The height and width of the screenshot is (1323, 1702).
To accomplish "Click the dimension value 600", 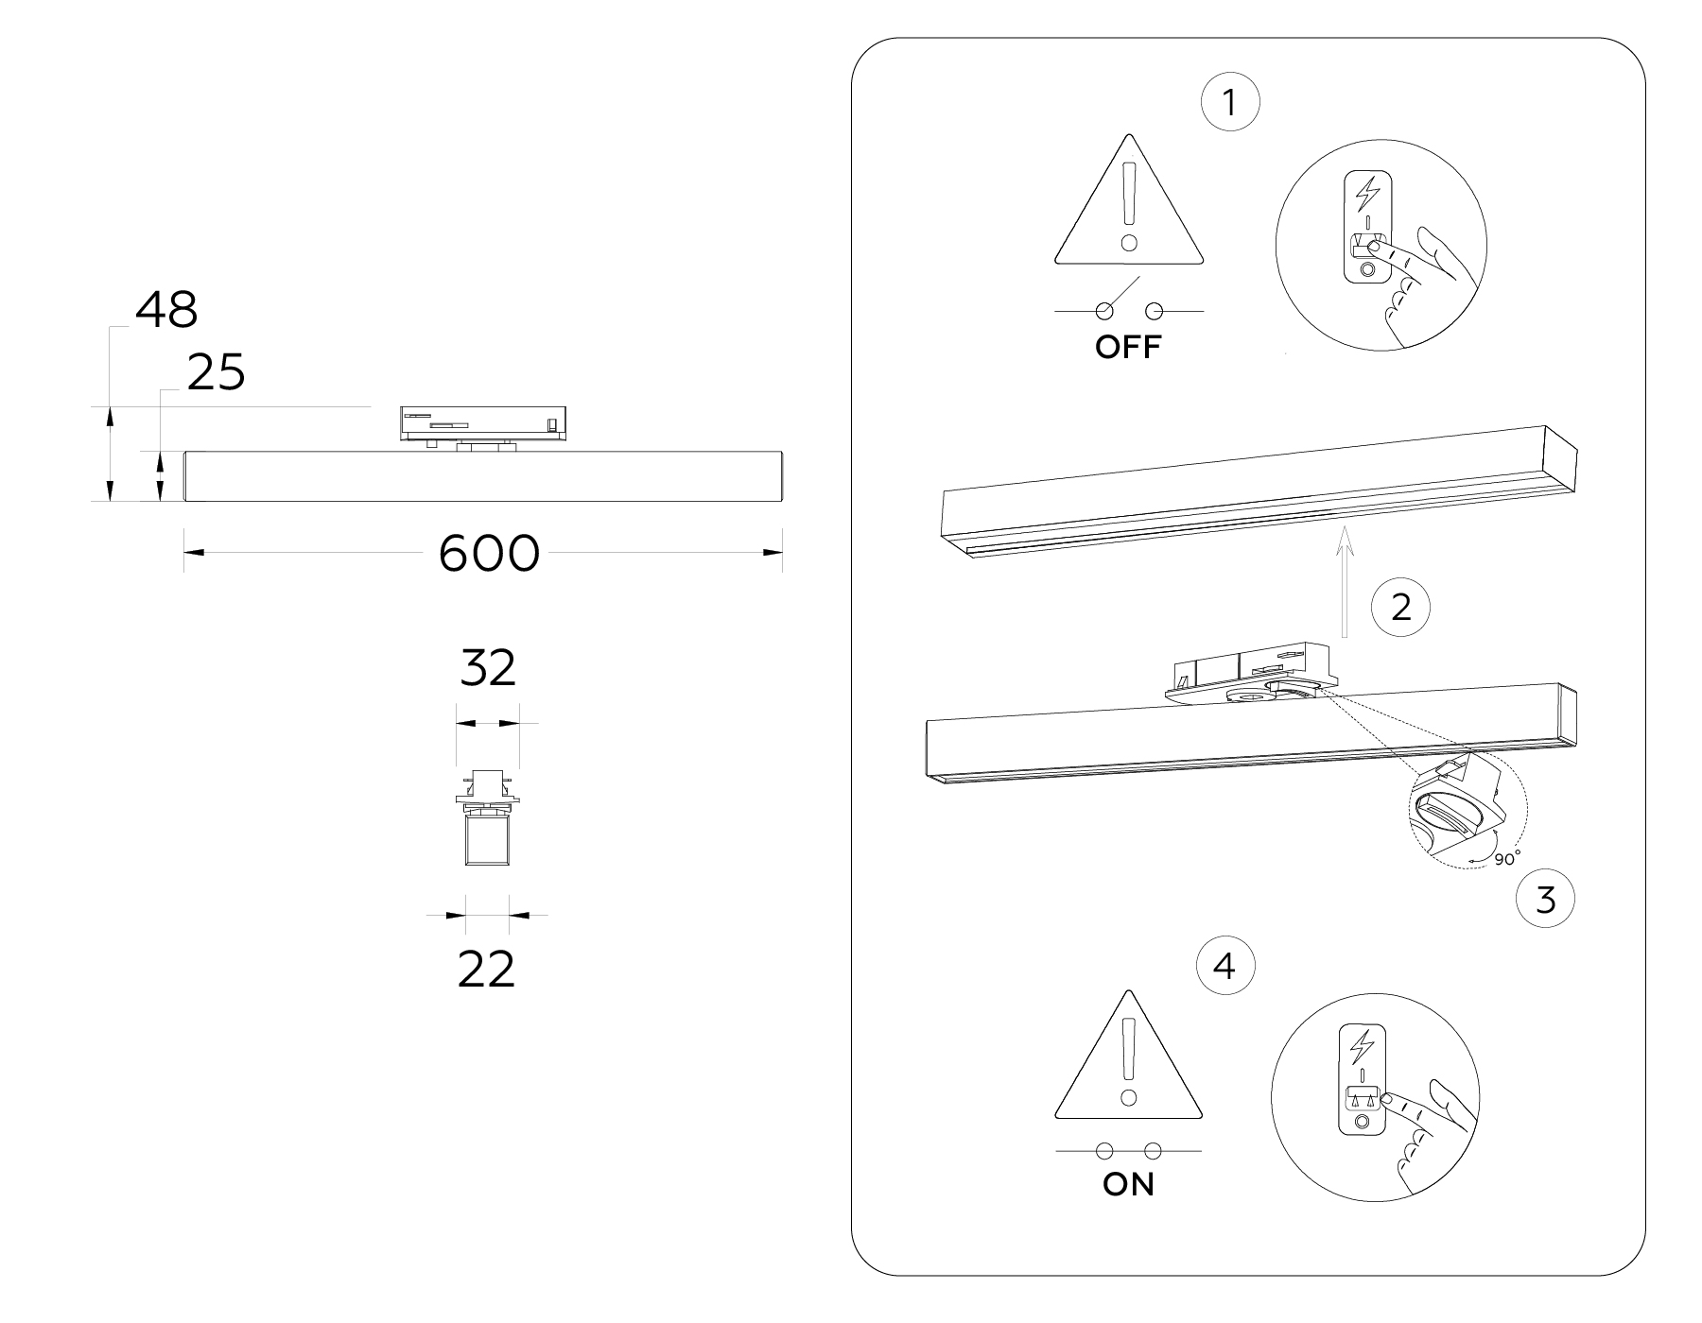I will [x=489, y=554].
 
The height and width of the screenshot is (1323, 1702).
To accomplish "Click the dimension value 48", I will [x=166, y=309].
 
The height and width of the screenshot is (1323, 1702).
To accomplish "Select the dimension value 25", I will [x=216, y=372].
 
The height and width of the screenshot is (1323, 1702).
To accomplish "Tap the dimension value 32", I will [x=488, y=668].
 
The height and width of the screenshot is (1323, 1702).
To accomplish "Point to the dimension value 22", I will [x=486, y=969].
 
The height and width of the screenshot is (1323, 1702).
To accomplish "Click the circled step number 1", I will [x=1229, y=103].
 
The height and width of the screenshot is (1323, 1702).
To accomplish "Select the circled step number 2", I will [x=1401, y=606].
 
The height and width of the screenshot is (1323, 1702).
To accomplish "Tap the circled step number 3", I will [x=1545, y=899].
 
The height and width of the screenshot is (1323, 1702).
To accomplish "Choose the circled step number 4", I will [x=1224, y=967].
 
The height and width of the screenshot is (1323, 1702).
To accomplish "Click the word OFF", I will [x=1127, y=348].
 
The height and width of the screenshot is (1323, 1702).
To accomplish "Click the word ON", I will [x=1128, y=1184].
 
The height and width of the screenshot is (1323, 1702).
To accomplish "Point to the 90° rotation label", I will [x=1507, y=858].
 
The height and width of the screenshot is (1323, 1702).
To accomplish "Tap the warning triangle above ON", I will [x=1128, y=1063].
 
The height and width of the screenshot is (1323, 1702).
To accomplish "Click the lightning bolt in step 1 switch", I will [x=1367, y=193].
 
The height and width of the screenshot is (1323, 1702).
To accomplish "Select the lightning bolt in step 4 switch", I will [x=1362, y=1046].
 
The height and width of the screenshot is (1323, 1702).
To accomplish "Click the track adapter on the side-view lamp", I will [x=483, y=423].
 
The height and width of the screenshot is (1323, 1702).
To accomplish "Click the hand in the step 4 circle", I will [x=1428, y=1134].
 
